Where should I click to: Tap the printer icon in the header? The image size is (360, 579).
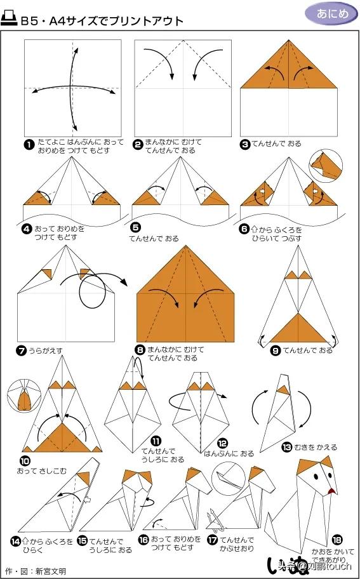(11, 20)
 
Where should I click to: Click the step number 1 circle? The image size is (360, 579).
(29, 145)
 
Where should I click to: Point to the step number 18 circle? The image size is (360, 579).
(337, 539)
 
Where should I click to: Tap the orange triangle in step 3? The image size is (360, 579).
(289, 67)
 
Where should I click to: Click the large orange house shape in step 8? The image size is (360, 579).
(186, 298)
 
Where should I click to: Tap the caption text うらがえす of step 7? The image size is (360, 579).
(47, 350)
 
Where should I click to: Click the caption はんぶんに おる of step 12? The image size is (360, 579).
(229, 453)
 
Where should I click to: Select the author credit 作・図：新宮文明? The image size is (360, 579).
(35, 571)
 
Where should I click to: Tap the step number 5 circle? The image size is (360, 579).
(136, 227)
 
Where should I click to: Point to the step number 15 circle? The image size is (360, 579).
(82, 540)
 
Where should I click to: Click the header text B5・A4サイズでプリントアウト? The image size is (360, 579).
(102, 21)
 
